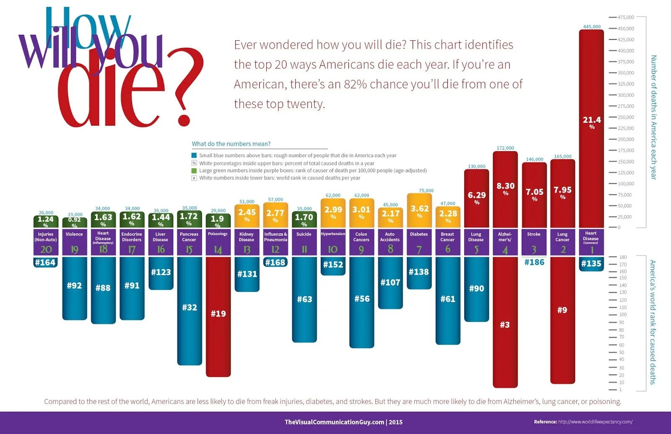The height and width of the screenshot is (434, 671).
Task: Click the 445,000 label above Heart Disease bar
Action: pos(592,27)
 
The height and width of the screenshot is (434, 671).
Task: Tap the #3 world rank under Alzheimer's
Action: pos(505,325)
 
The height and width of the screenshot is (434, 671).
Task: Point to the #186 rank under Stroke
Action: pos(534,262)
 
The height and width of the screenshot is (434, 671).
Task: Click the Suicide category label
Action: pos(304,234)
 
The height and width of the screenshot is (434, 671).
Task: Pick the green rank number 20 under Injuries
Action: pos(46,249)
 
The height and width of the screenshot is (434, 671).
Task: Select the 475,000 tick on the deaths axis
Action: pos(626,17)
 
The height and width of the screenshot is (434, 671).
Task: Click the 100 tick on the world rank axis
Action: pos(623,314)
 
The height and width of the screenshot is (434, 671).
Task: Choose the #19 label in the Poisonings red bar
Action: pos(218,314)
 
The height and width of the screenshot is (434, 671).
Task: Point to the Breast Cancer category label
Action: pos(447,237)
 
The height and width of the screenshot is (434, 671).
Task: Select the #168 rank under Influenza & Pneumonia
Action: pos(275,262)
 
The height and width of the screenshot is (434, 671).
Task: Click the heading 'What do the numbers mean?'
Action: pos(231,144)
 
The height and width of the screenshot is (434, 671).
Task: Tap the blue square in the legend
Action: pos(194,156)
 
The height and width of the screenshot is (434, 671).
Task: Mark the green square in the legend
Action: pos(194,171)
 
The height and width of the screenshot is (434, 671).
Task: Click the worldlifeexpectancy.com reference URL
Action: pos(595,422)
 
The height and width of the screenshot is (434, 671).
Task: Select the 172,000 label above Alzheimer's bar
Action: pos(505,148)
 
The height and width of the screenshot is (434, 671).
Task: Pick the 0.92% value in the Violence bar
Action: pos(74,221)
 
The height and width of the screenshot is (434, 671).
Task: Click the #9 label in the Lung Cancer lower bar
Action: pos(562,310)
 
